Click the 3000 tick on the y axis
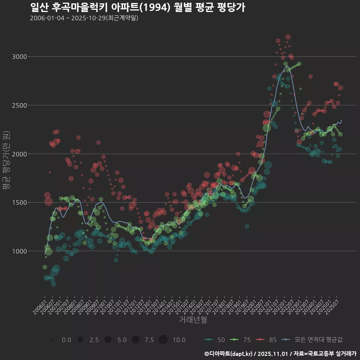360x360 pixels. (x=19, y=57)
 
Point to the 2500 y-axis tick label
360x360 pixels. (x=19, y=105)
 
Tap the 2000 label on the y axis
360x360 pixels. (x=19, y=154)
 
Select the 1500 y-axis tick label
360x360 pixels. (x=19, y=202)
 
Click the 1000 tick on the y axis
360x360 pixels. (x=19, y=251)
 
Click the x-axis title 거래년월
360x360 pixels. (x=193, y=320)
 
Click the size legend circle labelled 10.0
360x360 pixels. (x=163, y=340)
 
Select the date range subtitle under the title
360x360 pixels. (x=84, y=18)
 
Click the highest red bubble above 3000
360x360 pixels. (x=288, y=37)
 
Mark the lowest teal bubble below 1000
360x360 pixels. (x=54, y=284)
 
